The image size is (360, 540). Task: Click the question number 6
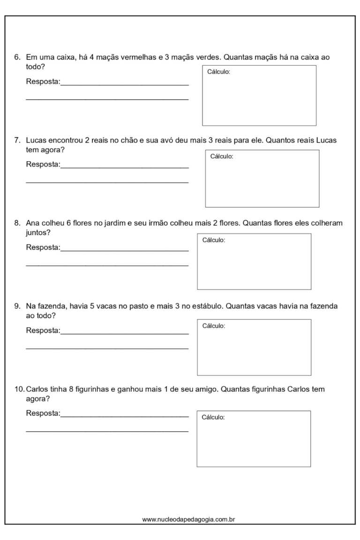click(x=16, y=59)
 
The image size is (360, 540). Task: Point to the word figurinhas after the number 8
click(x=97, y=390)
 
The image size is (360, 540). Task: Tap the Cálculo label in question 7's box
click(x=222, y=157)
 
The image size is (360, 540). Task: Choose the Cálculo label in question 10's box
click(x=213, y=417)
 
